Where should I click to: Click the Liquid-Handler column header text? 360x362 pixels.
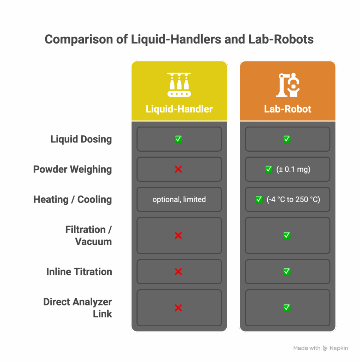(x=179, y=109)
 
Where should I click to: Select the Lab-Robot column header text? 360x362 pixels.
(x=288, y=109)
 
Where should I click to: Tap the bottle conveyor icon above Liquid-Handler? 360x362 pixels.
(x=179, y=85)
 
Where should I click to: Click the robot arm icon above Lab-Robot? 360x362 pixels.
(x=288, y=85)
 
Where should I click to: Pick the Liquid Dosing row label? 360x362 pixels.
(x=81, y=139)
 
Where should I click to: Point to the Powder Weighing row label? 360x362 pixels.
(x=72, y=169)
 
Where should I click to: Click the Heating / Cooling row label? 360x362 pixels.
(x=72, y=199)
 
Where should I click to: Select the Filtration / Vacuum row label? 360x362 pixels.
(x=88, y=235)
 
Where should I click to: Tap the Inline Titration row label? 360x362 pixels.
(x=79, y=272)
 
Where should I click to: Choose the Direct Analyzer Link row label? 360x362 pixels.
(x=78, y=308)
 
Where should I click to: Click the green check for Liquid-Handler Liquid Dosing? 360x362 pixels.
(x=179, y=139)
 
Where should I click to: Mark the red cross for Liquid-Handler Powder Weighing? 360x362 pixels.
(x=178, y=169)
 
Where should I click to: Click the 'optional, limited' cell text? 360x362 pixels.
(x=179, y=199)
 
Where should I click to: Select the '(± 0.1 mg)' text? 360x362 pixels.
(x=293, y=169)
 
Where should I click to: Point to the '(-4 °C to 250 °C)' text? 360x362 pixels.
(x=293, y=199)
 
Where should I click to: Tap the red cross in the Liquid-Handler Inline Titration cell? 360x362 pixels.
(x=178, y=272)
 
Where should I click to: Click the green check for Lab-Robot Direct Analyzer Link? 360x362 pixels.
(x=287, y=308)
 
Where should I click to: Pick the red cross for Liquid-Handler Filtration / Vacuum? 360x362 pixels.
(x=178, y=235)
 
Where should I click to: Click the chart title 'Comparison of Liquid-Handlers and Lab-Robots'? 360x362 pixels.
(x=179, y=39)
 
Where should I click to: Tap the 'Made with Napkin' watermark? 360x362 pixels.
(x=320, y=348)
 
